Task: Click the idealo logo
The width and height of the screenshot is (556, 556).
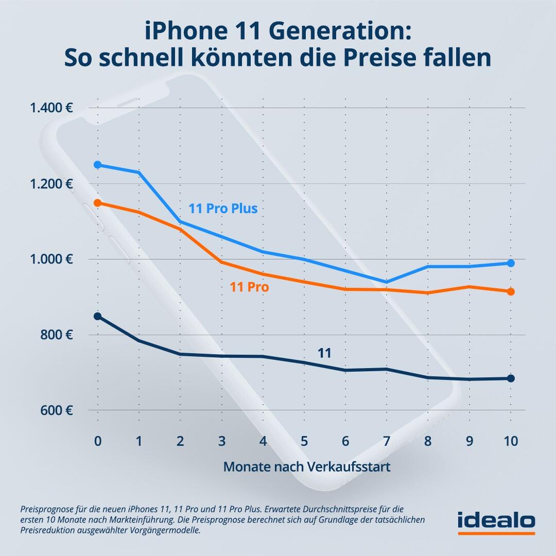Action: point(496,521)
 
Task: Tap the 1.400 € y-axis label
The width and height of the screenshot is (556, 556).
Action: point(51,108)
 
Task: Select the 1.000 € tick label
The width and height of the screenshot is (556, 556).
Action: point(51,259)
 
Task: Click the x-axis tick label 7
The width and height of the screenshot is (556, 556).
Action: point(386,441)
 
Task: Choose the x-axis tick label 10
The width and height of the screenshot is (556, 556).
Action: point(510,441)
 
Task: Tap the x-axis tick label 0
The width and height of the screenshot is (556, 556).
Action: point(97,441)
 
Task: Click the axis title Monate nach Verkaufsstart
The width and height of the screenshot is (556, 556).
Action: point(306,467)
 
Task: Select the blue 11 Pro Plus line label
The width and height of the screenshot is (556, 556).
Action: point(223,209)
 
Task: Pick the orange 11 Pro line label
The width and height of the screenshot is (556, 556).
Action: point(249,287)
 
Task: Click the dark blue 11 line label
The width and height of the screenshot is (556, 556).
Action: point(324,353)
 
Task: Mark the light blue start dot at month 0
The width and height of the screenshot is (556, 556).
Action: point(97,165)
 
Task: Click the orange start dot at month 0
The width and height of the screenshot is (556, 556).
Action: point(97,203)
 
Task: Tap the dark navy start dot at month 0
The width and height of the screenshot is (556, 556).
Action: point(97,316)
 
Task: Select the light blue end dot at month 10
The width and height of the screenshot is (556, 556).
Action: point(511,263)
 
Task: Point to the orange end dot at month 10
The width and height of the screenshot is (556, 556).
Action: point(511,292)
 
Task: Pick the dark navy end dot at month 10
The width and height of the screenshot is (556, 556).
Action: point(511,378)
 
